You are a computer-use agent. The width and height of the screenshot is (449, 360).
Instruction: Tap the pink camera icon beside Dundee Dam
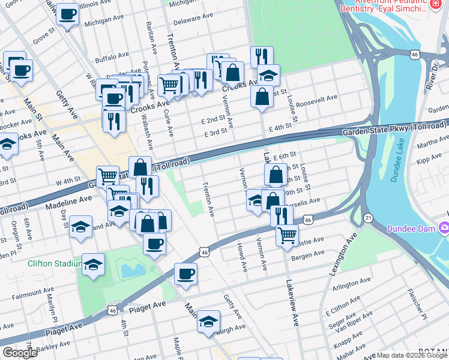pos(444,227)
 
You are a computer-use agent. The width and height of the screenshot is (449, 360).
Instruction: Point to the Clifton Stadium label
pos(53,263)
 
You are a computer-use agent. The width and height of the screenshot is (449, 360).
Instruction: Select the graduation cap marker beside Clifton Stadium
pos(93,266)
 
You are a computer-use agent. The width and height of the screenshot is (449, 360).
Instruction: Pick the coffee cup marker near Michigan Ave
pos(68,14)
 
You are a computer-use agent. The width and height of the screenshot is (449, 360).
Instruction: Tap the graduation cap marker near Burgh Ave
pos(208,322)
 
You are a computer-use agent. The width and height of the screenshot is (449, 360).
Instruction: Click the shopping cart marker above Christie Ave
pos(288,235)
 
